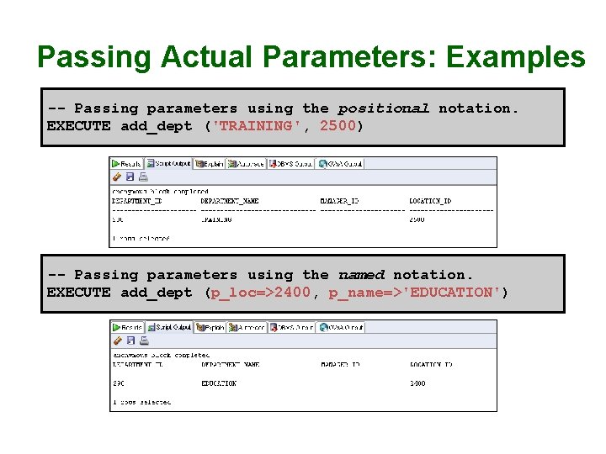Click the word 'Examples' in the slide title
515,57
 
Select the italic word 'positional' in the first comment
383,108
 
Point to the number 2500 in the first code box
338,126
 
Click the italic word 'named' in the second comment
361,275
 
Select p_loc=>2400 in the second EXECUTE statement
260,293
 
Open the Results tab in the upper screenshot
127,164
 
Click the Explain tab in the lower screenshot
210,327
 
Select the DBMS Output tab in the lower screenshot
291,327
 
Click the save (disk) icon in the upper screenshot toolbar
130,177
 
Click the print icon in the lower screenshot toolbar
142,340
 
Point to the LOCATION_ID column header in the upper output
430,202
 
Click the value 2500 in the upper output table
417,219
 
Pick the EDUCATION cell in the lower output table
219,383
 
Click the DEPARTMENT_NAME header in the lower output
230,365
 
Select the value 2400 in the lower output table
417,383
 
